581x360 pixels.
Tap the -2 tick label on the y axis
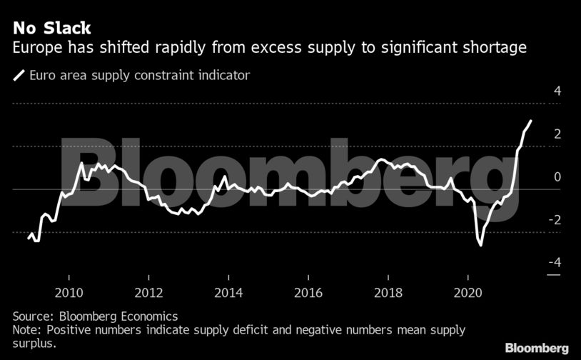click(555, 220)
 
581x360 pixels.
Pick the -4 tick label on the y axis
click(555, 263)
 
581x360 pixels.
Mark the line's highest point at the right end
click(530, 121)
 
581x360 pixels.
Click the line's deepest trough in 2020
click(481, 245)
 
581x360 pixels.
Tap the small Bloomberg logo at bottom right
click(537, 348)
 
